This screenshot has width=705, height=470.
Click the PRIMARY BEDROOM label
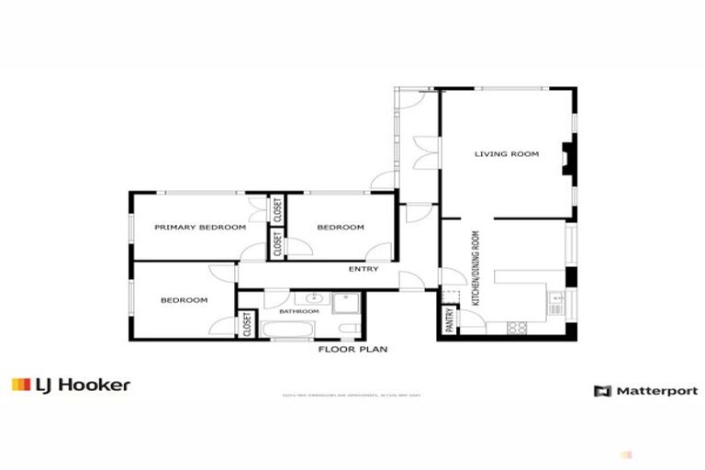(200, 227)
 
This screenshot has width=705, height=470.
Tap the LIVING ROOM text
(506, 153)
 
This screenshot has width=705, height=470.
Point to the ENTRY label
(364, 269)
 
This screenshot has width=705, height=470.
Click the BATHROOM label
(299, 311)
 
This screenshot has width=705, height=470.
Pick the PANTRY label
(450, 319)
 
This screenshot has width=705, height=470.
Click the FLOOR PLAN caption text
(353, 349)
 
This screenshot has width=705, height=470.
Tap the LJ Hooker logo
(71, 386)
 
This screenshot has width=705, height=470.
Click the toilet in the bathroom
(347, 330)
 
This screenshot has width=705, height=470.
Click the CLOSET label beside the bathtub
(247, 324)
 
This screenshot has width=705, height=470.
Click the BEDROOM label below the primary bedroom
(184, 300)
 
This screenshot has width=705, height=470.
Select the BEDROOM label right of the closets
(341, 227)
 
